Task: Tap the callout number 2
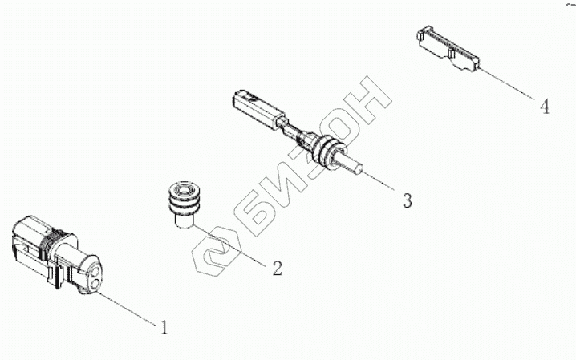click(276, 268)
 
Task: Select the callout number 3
click(407, 200)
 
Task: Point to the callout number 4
click(545, 106)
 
